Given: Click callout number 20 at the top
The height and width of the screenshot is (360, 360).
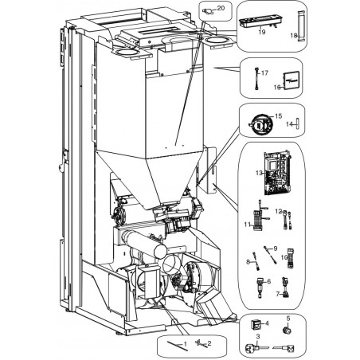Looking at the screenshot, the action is click(221, 8).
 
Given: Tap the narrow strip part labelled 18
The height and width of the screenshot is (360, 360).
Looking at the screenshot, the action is click(301, 26).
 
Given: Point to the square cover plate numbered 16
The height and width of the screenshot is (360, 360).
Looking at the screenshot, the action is click(292, 80).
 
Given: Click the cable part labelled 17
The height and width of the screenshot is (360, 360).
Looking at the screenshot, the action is click(256, 79).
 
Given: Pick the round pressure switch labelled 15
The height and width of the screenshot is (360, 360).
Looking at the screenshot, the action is click(260, 124).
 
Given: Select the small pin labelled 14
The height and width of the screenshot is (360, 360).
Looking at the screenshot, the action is click(298, 123).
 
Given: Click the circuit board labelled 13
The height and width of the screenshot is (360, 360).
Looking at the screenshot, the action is click(276, 174).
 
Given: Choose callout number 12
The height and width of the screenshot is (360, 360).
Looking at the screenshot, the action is click(279, 211).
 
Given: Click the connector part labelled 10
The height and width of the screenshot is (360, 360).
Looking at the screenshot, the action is click(291, 258).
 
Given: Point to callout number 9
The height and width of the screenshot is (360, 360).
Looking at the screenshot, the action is click(276, 248).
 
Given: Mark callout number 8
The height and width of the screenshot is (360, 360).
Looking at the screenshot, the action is click(248, 262).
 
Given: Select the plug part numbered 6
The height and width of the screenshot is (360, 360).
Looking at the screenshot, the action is click(260, 288).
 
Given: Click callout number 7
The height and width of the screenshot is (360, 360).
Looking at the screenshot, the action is click(278, 294).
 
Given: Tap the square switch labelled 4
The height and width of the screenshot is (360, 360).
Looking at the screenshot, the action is click(256, 324).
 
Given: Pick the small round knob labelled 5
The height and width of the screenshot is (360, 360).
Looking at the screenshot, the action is click(288, 330).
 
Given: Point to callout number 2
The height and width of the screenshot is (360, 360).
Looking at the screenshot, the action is click(209, 343).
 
